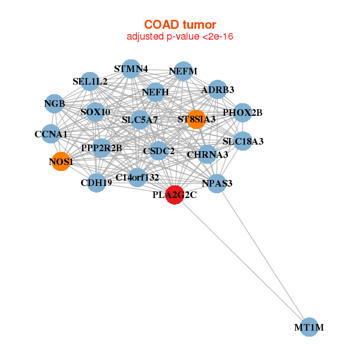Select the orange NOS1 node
pos(61,161)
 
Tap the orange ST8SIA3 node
pos(196,119)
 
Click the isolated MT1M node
pos(309,327)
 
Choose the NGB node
pos(54,104)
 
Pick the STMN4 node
pos(131,68)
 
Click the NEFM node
pos(182,71)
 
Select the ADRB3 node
pos(218,90)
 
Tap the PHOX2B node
pos(242,112)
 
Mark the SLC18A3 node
pos(242,142)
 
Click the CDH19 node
pos(96,182)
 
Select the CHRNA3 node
pos(207,154)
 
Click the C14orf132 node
pos(137,177)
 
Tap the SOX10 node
pos(95,112)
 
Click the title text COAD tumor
pos(179,25)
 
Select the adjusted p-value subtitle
pos(179,37)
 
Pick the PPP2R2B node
pos(101,148)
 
